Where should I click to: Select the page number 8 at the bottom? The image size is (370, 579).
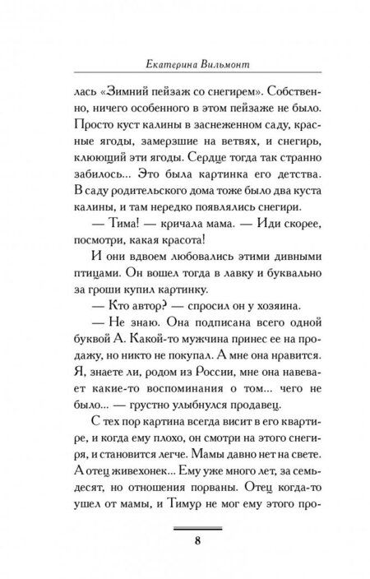pyautogui.click(x=186, y=540)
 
